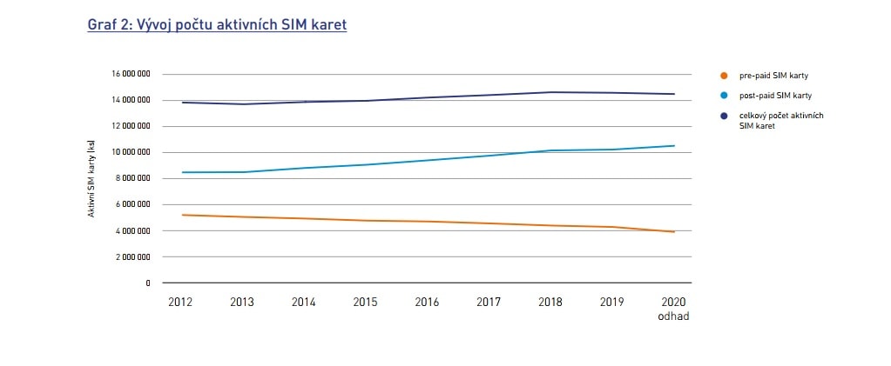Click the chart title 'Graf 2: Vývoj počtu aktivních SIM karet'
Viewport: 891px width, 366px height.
click(x=217, y=25)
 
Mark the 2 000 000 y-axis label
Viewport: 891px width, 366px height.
click(x=132, y=256)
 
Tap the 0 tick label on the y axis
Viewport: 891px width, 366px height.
click(x=147, y=283)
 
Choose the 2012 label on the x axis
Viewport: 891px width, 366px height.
click(x=179, y=302)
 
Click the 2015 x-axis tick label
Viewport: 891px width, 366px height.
click(x=365, y=302)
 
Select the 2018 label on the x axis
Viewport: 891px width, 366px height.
click(x=550, y=302)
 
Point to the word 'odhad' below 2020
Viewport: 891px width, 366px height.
click(x=674, y=316)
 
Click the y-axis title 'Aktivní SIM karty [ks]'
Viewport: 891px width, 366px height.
click(x=91, y=178)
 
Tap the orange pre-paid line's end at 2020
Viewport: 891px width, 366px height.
click(x=674, y=231)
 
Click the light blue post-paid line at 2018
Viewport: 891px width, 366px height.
click(x=550, y=150)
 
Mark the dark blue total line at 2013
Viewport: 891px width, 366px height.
click(x=241, y=104)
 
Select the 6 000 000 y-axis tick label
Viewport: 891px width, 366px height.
click(x=132, y=204)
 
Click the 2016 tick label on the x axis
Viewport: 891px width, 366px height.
click(x=427, y=302)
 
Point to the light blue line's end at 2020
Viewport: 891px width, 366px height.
click(x=674, y=145)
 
